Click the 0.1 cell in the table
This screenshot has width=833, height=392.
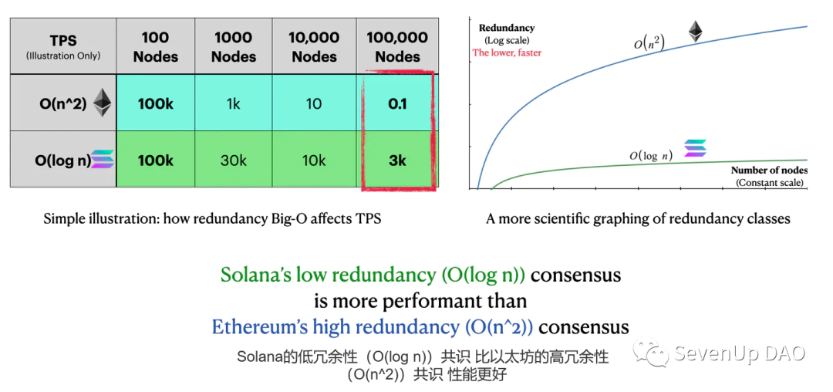pos(397,103)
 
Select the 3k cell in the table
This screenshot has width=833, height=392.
pos(397,161)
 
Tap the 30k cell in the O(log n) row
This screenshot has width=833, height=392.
pos(234,161)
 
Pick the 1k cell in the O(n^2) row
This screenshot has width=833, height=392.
pos(234,103)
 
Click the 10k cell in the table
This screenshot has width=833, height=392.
pos(314,161)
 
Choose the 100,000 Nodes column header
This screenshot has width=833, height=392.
pos(397,47)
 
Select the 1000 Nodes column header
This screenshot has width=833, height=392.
pos(234,47)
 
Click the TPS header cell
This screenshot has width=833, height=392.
pos(62,47)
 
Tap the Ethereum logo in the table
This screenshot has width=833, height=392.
pos(103,103)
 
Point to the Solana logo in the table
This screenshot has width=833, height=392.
pos(102,161)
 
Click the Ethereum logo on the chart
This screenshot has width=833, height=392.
pos(696,32)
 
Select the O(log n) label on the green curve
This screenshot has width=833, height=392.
pos(650,156)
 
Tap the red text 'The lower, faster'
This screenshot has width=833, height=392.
pos(507,52)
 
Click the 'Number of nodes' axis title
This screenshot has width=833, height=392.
pos(768,170)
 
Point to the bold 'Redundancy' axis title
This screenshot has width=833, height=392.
pos(507,28)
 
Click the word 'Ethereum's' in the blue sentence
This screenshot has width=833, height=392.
pos(258,327)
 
